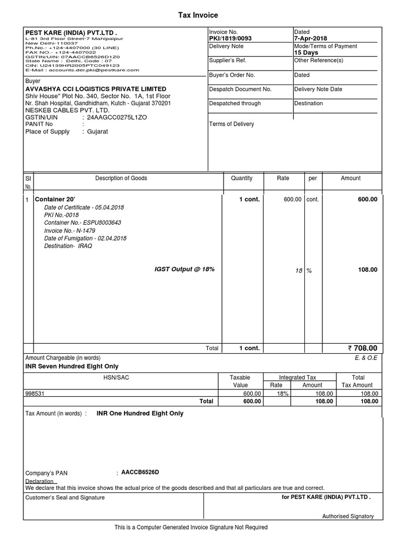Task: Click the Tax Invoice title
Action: (x=198, y=15)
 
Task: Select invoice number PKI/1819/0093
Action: (x=231, y=39)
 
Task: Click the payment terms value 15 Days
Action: (x=306, y=53)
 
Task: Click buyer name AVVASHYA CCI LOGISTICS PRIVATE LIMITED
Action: (x=96, y=89)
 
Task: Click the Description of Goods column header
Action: (x=121, y=178)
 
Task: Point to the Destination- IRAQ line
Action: (x=68, y=246)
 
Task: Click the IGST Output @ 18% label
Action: (x=184, y=269)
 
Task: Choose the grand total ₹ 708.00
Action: (x=362, y=348)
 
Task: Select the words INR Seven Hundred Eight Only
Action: (x=72, y=367)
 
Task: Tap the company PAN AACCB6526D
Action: (x=140, y=472)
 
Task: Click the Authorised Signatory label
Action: (x=348, y=516)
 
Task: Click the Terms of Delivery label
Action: (x=232, y=124)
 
